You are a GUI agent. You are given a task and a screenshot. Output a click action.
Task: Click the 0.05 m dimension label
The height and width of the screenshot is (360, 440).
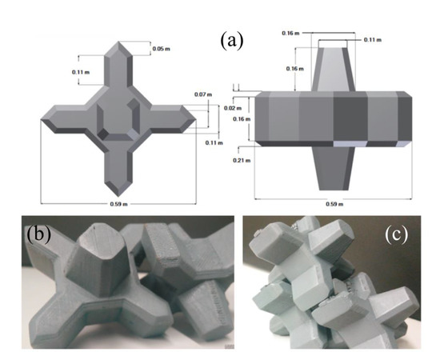click(162, 49)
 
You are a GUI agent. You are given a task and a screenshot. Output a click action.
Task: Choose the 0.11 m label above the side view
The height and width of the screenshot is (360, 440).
click(373, 38)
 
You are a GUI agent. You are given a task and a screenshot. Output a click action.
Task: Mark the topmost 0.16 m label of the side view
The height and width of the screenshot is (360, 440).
click(289, 33)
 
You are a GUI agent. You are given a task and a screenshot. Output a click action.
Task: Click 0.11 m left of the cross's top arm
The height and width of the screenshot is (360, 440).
click(79, 73)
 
